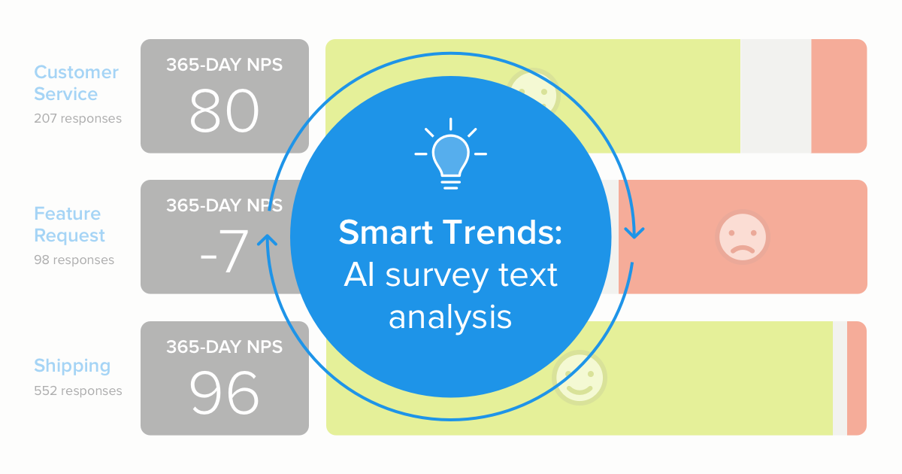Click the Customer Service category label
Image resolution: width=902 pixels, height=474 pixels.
click(x=76, y=83)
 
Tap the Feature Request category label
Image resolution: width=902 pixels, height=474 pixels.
click(x=69, y=224)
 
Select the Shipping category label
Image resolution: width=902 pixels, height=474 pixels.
click(x=72, y=366)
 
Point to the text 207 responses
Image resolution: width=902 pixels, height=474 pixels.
click(x=77, y=118)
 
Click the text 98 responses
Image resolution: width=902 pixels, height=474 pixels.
click(x=74, y=260)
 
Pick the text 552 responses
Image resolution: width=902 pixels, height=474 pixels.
click(x=77, y=390)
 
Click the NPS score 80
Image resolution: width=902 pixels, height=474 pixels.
click(x=224, y=112)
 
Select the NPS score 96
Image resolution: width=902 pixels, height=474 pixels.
click(x=224, y=393)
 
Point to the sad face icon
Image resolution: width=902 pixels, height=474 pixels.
click(x=742, y=236)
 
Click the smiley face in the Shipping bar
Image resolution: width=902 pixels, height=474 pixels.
click(x=580, y=378)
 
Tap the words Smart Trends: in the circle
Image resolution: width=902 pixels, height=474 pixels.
click(x=450, y=232)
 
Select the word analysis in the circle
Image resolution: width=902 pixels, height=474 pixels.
click(x=450, y=317)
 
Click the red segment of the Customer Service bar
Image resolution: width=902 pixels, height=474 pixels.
click(x=839, y=96)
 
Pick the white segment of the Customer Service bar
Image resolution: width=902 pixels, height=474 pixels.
click(x=776, y=96)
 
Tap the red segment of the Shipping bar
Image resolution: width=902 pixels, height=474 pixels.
click(x=856, y=378)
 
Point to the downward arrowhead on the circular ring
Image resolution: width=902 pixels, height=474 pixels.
click(x=634, y=232)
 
